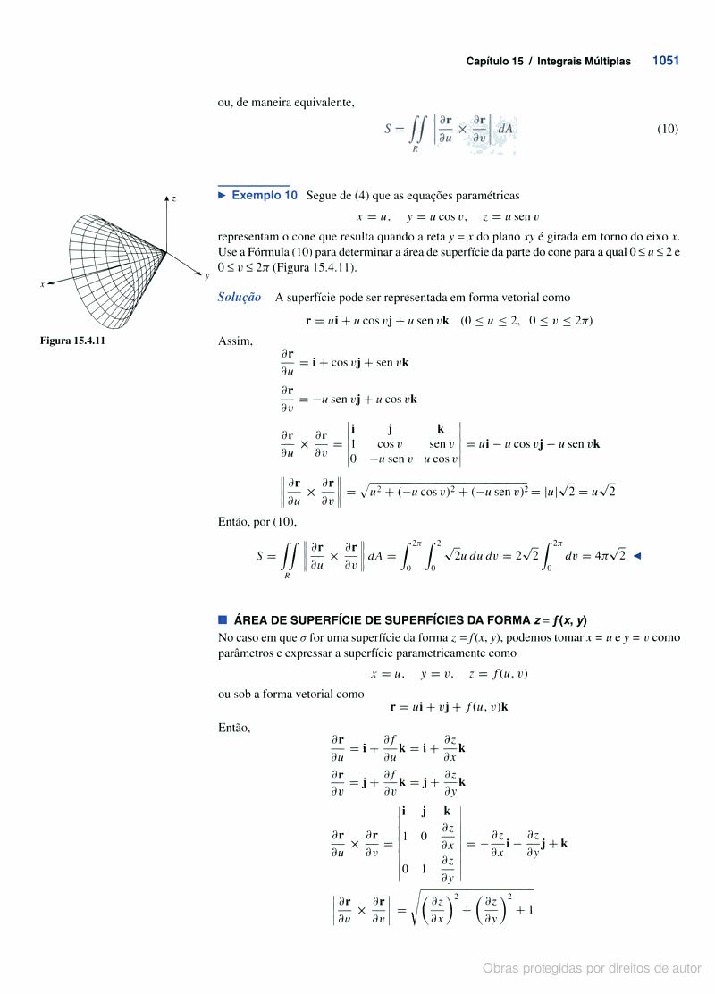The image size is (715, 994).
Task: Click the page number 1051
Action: pyautogui.click(x=665, y=61)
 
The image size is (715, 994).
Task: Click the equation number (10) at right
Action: pyautogui.click(x=668, y=129)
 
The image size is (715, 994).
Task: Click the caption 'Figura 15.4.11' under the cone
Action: pyautogui.click(x=72, y=341)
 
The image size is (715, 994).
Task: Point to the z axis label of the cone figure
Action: pyautogui.click(x=173, y=198)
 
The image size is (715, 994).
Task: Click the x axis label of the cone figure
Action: pyautogui.click(x=41, y=284)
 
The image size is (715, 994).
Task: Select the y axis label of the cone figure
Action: pyautogui.click(x=206, y=276)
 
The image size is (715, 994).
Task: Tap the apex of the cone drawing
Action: pyautogui.click(x=167, y=252)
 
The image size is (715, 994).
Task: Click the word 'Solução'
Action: pyautogui.click(x=240, y=298)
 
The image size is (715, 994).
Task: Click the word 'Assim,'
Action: pyautogui.click(x=235, y=341)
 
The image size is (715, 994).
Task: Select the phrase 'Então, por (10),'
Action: pyautogui.click(x=257, y=521)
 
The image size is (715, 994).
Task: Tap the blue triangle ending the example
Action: pyautogui.click(x=635, y=555)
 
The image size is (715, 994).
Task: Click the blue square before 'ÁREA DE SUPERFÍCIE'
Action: pyautogui.click(x=223, y=619)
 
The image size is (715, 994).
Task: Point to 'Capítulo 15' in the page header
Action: pyautogui.click(x=494, y=62)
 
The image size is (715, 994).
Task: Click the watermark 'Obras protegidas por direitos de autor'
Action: pyautogui.click(x=592, y=968)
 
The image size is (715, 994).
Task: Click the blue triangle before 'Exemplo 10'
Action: pyautogui.click(x=223, y=195)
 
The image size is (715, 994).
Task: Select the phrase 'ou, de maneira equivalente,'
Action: pyautogui.click(x=286, y=102)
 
